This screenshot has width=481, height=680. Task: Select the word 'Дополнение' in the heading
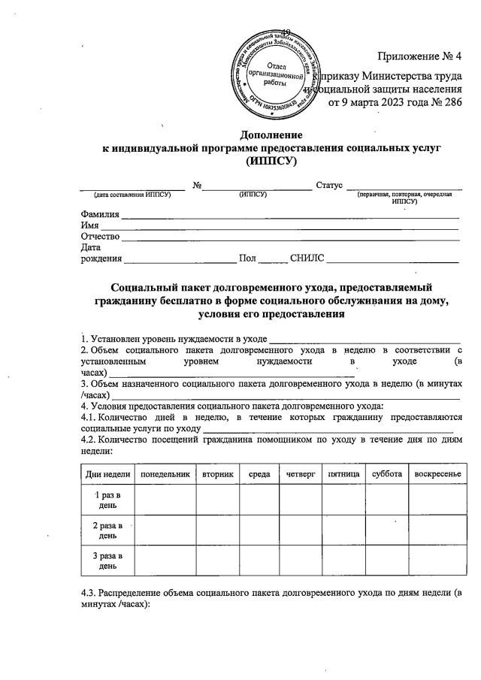tap(271, 135)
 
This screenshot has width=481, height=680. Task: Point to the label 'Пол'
tap(247, 259)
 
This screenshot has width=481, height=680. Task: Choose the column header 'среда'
tap(259, 474)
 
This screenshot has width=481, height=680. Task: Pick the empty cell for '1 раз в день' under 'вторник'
tap(217, 499)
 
